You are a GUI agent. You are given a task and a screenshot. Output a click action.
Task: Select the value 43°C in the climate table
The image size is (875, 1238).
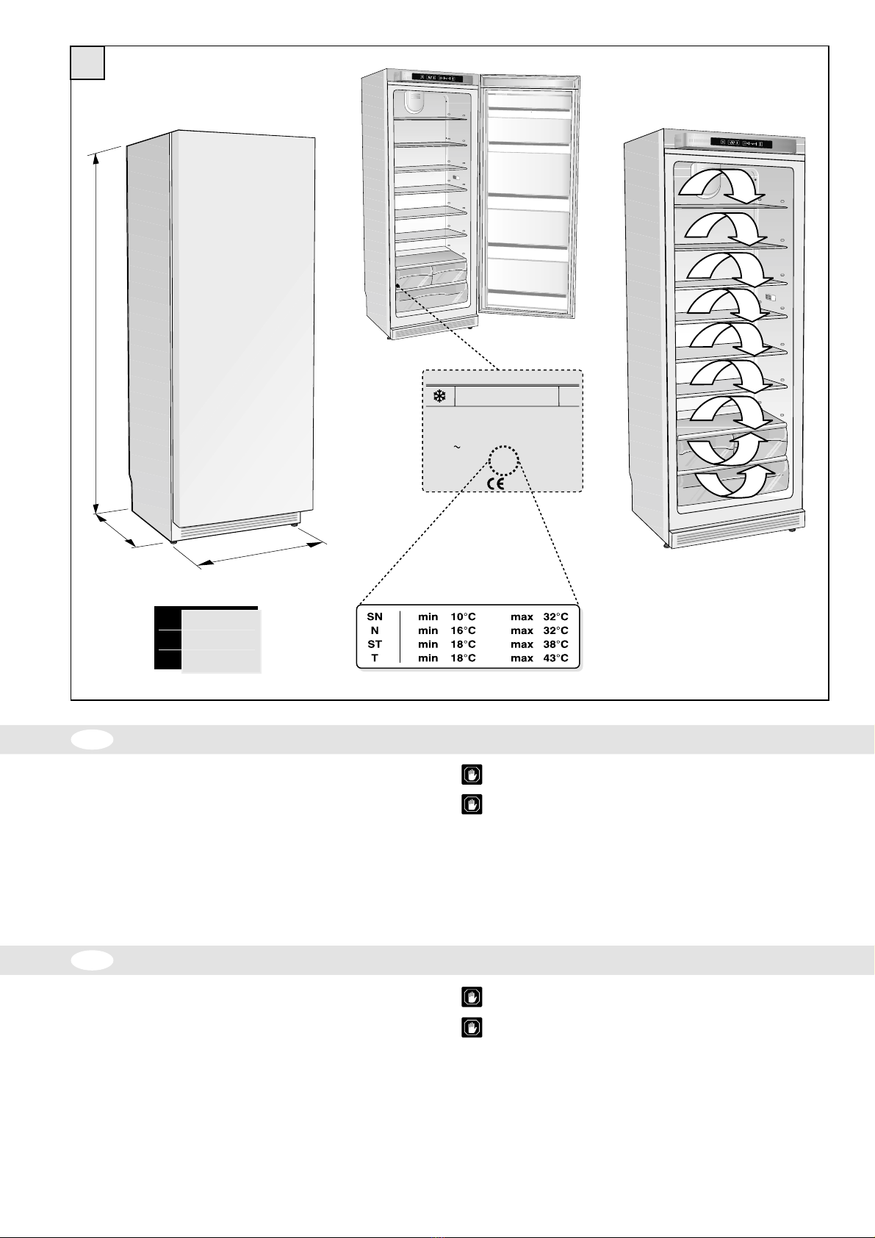point(555,658)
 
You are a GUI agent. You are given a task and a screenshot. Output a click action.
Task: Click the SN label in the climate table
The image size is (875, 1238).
point(375,617)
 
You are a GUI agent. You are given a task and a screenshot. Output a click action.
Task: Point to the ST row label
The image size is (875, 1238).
point(375,644)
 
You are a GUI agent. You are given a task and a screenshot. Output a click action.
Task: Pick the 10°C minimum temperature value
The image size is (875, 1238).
point(463,617)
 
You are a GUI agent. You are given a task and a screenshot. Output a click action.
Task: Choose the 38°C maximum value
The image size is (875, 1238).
point(555,644)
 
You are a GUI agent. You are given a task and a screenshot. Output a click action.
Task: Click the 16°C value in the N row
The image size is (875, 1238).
point(463,630)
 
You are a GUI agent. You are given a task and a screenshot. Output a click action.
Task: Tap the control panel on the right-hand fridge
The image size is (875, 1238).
point(741,143)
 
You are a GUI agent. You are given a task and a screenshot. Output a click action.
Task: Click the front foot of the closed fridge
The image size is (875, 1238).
point(173,541)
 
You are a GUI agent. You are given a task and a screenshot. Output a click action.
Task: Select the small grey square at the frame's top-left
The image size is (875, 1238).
point(87,63)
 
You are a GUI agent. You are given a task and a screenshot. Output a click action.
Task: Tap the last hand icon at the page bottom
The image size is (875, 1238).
point(472,1026)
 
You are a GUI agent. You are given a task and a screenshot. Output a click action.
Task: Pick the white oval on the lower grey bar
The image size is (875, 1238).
point(93,960)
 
